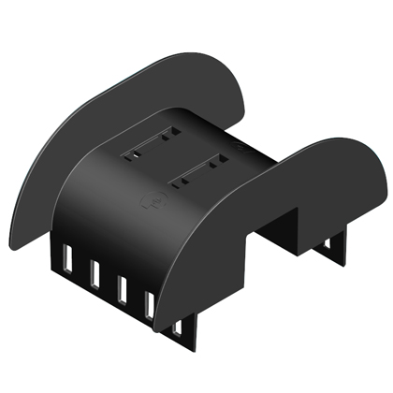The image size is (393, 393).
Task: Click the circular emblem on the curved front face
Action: pos(148,200)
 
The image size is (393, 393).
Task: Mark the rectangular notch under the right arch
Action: pos(281,229)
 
